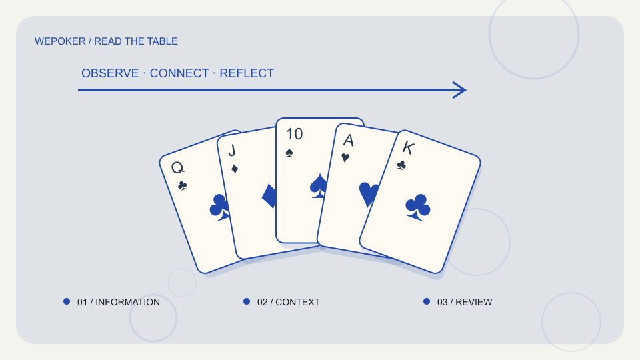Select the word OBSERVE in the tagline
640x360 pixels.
[110, 73]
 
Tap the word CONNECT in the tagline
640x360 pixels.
[179, 73]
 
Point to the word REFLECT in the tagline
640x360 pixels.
[247, 73]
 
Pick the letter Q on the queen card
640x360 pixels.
[178, 167]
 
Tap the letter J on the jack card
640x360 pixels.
[232, 150]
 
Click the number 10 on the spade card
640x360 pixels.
[294, 134]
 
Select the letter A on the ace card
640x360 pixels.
[348, 141]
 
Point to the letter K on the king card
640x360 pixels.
[408, 148]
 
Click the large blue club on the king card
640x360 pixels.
[417, 207]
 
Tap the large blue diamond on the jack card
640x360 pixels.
[269, 196]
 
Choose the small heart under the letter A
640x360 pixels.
[345, 157]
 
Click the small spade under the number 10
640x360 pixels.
[289, 153]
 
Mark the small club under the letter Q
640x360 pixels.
[183, 186]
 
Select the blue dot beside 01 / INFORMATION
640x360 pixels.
[67, 301]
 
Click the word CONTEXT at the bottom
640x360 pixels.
[297, 302]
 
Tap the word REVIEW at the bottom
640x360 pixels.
[474, 302]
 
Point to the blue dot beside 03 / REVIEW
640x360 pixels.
[427, 301]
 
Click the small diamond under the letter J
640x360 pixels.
[234, 169]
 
